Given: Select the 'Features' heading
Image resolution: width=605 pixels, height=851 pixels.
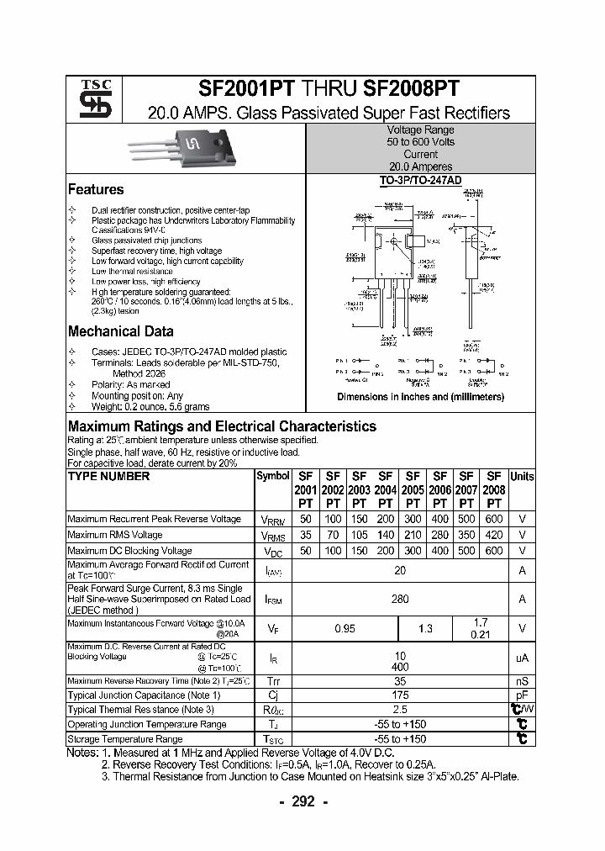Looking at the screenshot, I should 96,190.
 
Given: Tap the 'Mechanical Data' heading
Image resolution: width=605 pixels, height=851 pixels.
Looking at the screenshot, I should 121,331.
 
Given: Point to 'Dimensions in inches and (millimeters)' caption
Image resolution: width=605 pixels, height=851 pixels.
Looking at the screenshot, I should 420,397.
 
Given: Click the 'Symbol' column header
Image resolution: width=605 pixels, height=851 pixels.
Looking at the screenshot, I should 272,477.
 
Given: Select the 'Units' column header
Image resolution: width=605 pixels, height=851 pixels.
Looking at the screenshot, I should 522,477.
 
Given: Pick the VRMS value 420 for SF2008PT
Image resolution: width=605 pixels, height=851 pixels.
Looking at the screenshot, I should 494,535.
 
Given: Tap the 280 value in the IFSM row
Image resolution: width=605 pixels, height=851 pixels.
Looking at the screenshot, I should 400,600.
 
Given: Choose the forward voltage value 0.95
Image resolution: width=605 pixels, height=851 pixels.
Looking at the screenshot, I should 345,628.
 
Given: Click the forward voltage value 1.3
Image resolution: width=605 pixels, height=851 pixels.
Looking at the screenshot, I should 425,628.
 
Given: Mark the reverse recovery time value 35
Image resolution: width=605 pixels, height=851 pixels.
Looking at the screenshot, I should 400,680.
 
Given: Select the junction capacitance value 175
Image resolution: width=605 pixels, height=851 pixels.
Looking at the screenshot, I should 400,695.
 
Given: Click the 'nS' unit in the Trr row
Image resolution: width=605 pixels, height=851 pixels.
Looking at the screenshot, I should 522,680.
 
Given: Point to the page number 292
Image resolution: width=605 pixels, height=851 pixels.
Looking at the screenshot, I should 302,802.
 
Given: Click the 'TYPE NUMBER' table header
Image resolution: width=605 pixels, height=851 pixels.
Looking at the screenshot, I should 108,477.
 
